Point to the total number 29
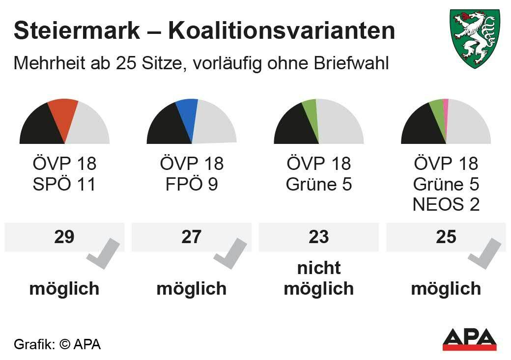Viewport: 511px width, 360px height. (64, 237)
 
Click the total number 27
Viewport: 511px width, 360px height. (191, 237)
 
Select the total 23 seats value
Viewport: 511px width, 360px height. (318, 237)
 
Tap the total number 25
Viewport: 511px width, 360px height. (446, 237)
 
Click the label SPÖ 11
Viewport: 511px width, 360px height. (64, 185)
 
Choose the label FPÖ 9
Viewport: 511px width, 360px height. (191, 185)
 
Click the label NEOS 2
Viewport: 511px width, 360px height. (446, 204)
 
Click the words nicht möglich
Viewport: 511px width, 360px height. (318, 278)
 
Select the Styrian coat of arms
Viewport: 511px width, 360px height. (475, 38)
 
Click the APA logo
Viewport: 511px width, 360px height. (469, 339)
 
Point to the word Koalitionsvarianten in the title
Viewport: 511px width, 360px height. (282, 31)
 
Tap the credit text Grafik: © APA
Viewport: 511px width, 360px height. (57, 344)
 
